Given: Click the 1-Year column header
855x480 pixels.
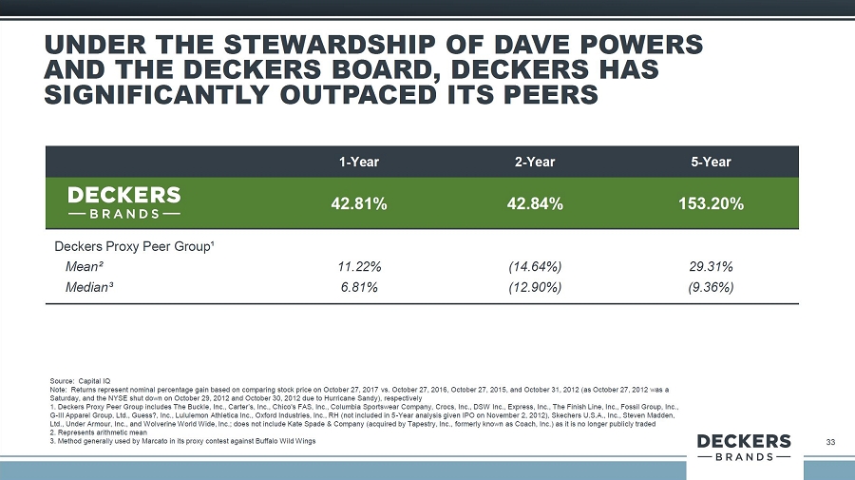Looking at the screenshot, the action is (359, 162).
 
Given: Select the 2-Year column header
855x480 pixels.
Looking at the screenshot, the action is (535, 162).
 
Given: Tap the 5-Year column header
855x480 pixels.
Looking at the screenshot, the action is (711, 162).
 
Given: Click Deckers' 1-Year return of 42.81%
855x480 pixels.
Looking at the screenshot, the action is (359, 203).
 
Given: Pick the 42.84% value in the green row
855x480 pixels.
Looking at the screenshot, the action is (535, 203).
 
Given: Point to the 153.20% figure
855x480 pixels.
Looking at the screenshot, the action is (711, 203).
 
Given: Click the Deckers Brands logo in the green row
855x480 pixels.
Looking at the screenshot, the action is (124, 202).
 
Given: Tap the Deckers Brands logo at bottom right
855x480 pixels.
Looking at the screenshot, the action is (744, 448).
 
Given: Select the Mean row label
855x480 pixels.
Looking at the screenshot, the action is (84, 266).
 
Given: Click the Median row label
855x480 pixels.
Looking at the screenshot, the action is (89, 287).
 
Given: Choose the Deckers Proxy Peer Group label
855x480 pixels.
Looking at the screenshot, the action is (134, 246).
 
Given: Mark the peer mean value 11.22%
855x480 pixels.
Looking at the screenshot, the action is (359, 266).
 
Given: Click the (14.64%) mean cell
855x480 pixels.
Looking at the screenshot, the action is (535, 266).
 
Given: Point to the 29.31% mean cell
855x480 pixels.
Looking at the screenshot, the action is (711, 266).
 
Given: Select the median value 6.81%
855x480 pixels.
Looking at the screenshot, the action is (359, 287).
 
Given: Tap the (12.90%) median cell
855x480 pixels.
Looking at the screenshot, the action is (535, 287).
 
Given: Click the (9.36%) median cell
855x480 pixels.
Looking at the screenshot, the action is (711, 287).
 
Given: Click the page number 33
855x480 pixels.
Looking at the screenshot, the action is (830, 442).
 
